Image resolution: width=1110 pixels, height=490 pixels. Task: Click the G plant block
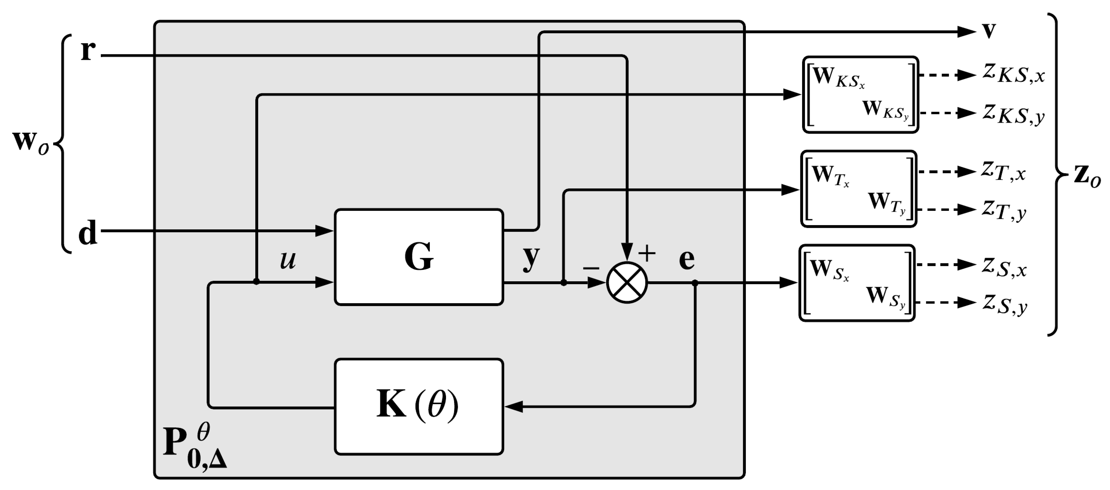click(x=419, y=257)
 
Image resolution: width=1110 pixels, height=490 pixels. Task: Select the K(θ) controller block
click(x=419, y=406)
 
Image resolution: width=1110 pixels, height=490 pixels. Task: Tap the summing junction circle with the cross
click(x=627, y=283)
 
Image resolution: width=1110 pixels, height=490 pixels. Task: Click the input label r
click(x=88, y=50)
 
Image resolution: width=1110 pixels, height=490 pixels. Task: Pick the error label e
click(x=687, y=259)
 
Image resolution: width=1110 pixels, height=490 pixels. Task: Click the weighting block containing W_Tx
click(x=858, y=189)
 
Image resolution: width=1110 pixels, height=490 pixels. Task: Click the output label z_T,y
click(x=1004, y=211)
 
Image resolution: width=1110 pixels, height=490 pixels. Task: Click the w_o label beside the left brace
click(x=30, y=142)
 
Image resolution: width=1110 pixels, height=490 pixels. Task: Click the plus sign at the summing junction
click(x=647, y=253)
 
